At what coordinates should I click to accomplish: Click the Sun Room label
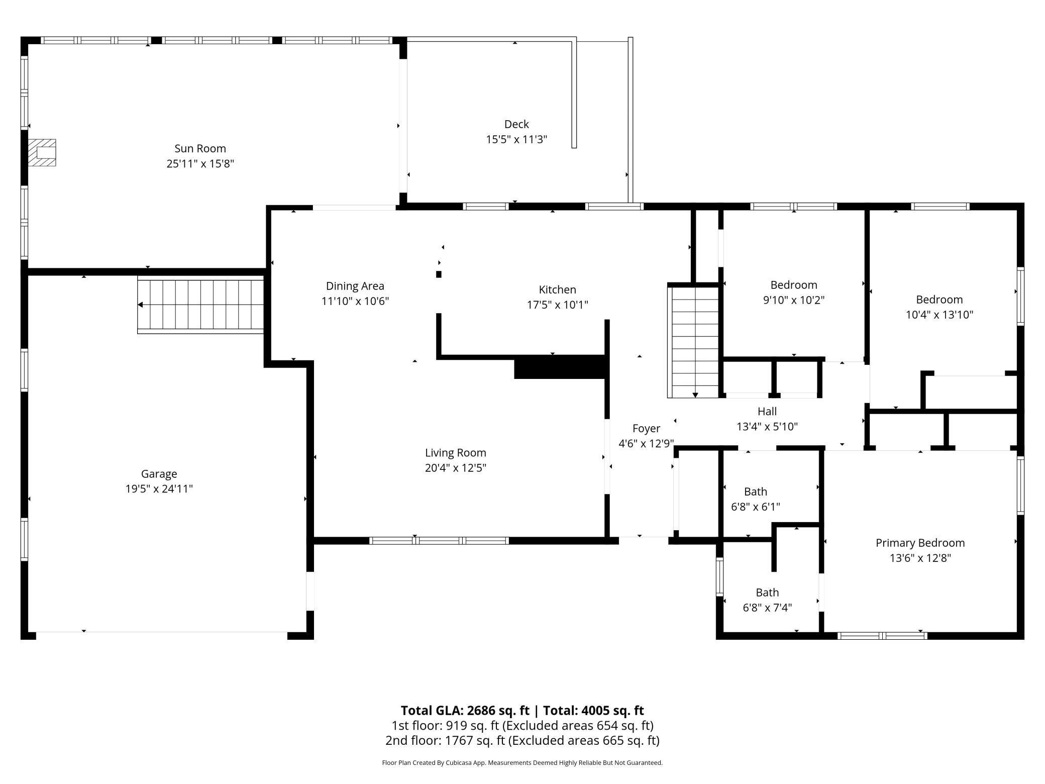click(200, 149)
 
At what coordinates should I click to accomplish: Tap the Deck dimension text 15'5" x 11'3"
click(516, 139)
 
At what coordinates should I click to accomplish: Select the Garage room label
click(159, 474)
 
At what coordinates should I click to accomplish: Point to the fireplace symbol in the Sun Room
click(41, 153)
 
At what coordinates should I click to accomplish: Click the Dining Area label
click(355, 286)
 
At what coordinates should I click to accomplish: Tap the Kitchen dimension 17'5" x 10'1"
click(557, 305)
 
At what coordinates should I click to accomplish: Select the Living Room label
click(456, 453)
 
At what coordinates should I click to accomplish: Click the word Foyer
click(646, 429)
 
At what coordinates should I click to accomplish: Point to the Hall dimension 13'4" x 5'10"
click(767, 427)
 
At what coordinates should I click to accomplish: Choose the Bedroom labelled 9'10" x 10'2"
click(794, 285)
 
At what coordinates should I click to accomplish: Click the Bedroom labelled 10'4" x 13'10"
click(939, 300)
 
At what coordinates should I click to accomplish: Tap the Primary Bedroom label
click(920, 543)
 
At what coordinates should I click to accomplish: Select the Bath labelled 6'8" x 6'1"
click(756, 492)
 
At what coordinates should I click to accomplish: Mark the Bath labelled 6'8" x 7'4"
click(767, 593)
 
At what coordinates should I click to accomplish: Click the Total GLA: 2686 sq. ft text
click(465, 710)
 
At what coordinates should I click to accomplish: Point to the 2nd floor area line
click(522, 740)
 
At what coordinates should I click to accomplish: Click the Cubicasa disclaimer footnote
click(522, 763)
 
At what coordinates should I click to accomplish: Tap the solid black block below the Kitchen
click(559, 367)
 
